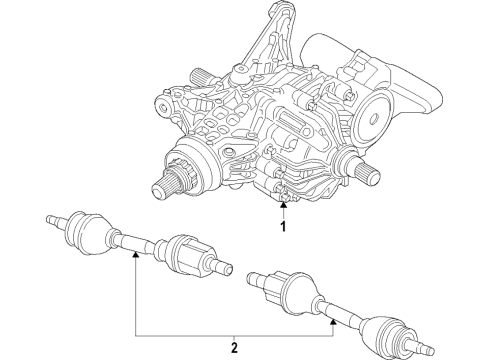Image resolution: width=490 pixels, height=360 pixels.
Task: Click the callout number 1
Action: point(283,227)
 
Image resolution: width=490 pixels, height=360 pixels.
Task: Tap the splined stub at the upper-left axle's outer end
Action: point(50,218)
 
